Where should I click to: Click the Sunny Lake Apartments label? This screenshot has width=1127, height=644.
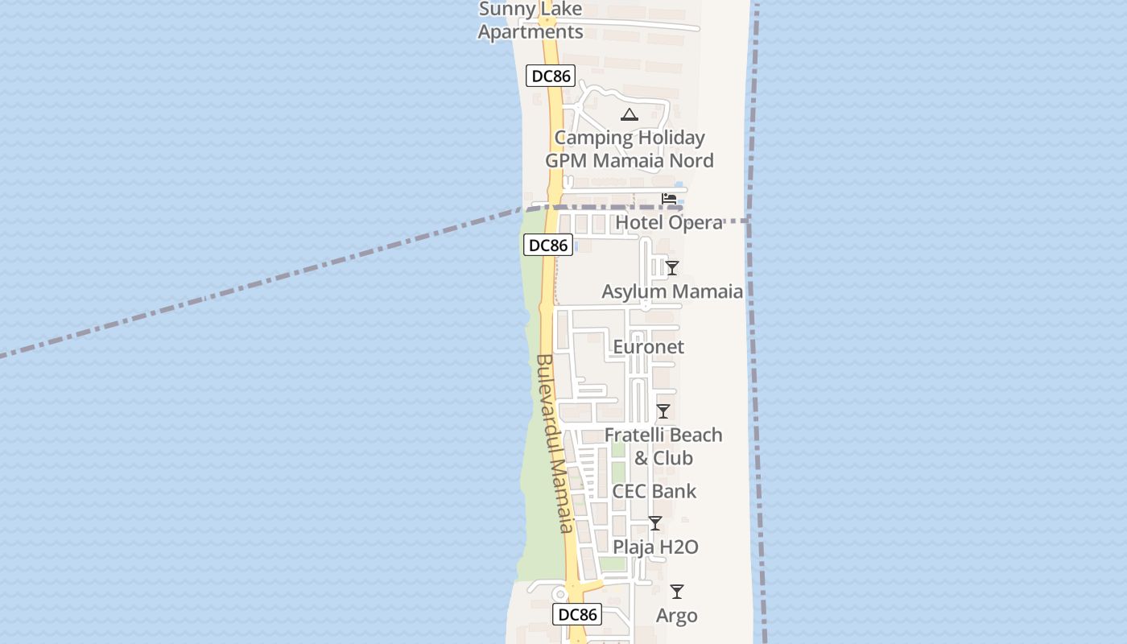coord(530,21)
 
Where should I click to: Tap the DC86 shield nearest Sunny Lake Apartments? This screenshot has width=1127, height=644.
coord(551,76)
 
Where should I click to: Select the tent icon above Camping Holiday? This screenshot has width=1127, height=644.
coord(630,114)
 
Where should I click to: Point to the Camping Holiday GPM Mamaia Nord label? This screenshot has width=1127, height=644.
coord(630,149)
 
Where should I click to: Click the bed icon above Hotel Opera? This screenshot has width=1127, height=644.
coord(669,199)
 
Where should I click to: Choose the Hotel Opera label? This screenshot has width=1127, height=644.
coord(669,222)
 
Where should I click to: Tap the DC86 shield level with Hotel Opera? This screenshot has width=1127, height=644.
coord(548,246)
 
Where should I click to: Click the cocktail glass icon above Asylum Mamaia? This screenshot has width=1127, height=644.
coord(672,268)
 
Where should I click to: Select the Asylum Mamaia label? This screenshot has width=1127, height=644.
coord(672,291)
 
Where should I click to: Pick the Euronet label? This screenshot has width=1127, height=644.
coord(648,347)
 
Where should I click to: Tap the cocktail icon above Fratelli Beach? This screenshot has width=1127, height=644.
coord(663,411)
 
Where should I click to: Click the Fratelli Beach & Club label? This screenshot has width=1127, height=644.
coord(663,446)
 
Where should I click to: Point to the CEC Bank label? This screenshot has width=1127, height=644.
coord(654,491)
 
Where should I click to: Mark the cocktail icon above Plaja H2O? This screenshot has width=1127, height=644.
coord(655,523)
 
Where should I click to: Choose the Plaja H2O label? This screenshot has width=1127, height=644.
coord(655,547)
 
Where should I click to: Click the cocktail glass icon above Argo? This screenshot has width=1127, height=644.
coord(677,592)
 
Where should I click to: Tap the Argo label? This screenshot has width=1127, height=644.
coord(676,616)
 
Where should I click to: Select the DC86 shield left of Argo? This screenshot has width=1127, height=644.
coord(577,614)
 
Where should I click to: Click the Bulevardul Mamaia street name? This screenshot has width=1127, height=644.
coord(554,443)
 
